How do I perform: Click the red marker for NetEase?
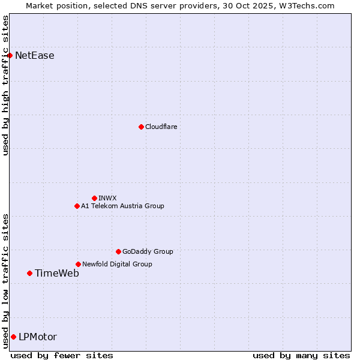coord(10,56)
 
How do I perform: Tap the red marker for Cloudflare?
coord(141,127)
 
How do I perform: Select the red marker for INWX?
coord(94,198)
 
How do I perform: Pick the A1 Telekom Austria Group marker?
coord(77,206)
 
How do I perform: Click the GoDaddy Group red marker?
coord(118,251)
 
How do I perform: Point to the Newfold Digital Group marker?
coord(78,264)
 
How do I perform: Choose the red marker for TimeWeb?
coord(29,273)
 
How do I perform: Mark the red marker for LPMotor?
coord(13,337)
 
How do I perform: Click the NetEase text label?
coord(35,56)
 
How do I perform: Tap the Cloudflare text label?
coord(161,127)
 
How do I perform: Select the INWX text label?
coord(107,198)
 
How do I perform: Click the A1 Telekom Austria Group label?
coord(122,206)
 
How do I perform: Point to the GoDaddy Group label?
coord(148,251)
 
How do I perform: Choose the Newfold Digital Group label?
coord(117,264)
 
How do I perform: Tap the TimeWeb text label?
coord(57,273)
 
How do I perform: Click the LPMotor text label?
coord(38,337)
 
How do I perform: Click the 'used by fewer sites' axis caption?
coord(62,355)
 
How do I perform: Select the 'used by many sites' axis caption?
coord(301,355)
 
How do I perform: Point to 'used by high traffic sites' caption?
coord(5,85)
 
